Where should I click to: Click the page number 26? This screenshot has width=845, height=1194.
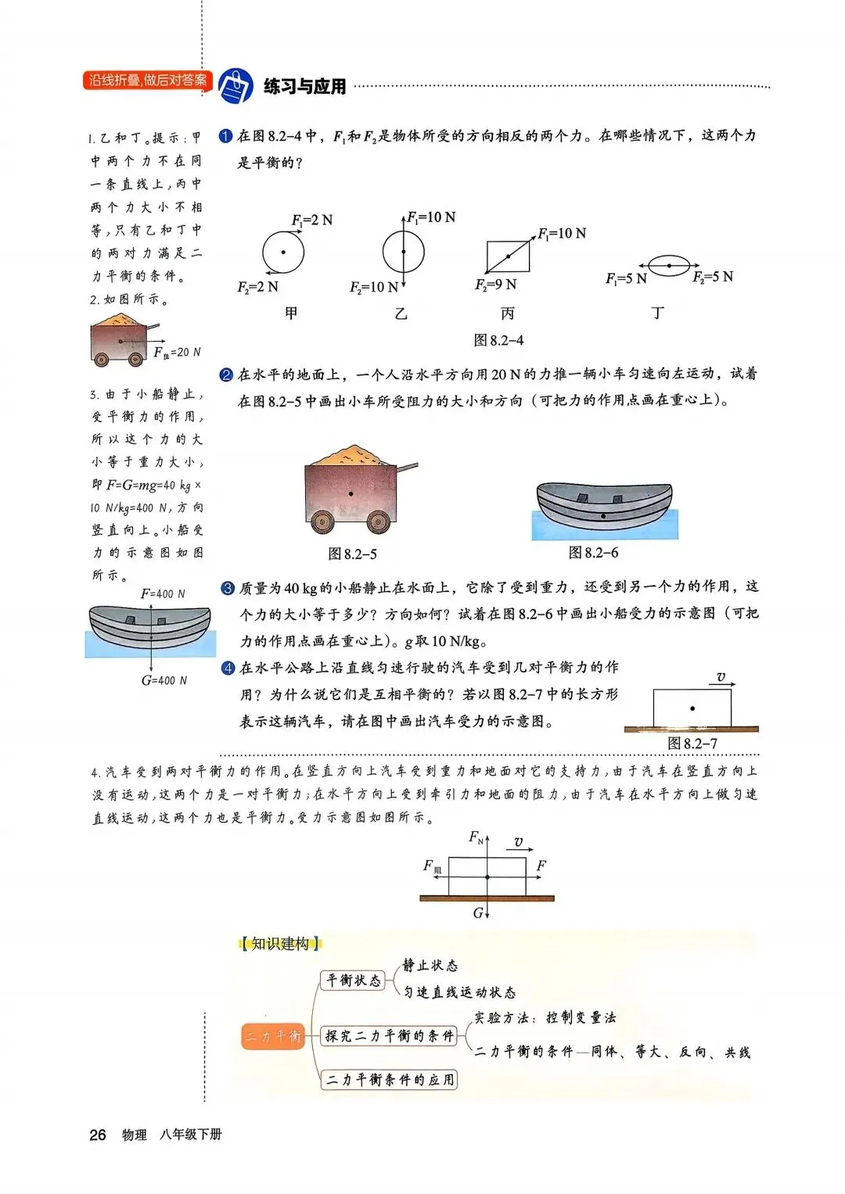click(x=98, y=1135)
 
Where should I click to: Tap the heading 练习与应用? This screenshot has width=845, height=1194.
click(x=305, y=87)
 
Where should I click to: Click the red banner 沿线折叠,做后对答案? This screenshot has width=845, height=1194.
click(x=147, y=81)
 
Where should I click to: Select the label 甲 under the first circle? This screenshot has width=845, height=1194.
click(x=291, y=314)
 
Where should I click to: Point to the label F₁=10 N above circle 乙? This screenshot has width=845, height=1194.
click(x=431, y=217)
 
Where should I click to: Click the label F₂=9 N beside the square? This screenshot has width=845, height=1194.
click(x=495, y=285)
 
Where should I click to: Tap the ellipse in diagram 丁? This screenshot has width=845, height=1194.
click(x=669, y=265)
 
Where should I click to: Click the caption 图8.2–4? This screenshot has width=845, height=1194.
click(x=498, y=340)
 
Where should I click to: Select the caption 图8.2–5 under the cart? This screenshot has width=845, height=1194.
click(x=352, y=554)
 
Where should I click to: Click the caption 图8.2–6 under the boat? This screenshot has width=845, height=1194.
click(x=593, y=553)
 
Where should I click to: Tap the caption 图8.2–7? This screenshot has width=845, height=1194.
click(x=692, y=744)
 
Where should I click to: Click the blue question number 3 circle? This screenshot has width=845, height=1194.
click(x=228, y=588)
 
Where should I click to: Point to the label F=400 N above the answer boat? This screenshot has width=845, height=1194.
click(x=163, y=594)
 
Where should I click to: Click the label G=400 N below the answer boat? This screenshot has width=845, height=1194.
click(x=164, y=680)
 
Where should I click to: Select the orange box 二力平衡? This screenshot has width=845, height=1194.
click(x=272, y=1036)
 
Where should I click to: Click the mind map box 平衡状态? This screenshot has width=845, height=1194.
click(x=354, y=981)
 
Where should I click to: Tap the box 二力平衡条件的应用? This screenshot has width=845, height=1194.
click(x=390, y=1080)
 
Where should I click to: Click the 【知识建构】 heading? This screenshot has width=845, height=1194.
click(x=280, y=944)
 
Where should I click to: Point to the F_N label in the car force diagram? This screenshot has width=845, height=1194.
click(x=476, y=837)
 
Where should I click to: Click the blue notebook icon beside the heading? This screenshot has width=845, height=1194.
click(x=235, y=84)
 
